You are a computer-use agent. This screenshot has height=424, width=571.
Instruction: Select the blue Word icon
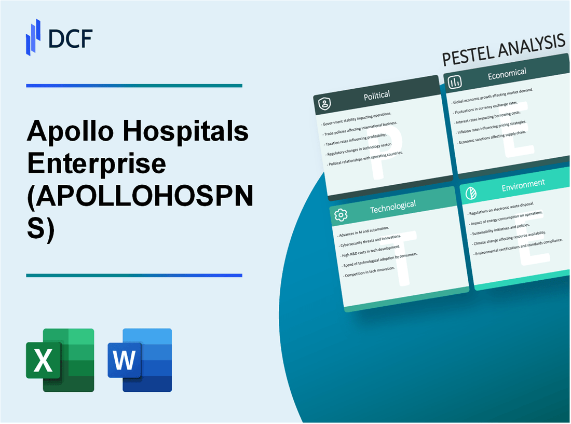[x=140, y=360]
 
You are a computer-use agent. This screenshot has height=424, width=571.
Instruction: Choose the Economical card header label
[x=507, y=74]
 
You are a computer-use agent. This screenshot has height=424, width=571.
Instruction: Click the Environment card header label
[x=522, y=184]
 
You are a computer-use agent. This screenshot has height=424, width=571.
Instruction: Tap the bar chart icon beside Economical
[x=455, y=82]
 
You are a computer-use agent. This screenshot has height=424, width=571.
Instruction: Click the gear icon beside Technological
[x=341, y=215]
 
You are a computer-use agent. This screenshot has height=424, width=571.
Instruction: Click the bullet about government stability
[x=358, y=118]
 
